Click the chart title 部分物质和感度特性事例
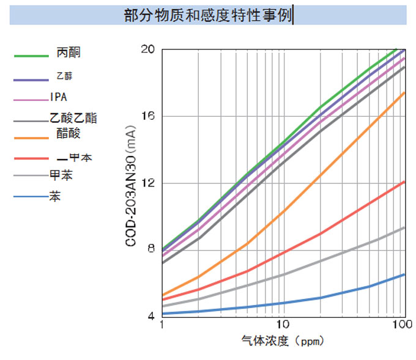208,15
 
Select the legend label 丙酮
69,53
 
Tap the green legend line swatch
31,56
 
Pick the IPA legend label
59,97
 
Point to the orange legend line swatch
31,139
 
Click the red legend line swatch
31,159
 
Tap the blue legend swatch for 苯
31,197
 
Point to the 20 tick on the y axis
148,49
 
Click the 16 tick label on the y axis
148,116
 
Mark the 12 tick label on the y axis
148,183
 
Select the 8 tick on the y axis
150,250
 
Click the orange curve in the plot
318,175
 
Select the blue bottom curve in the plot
318,298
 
